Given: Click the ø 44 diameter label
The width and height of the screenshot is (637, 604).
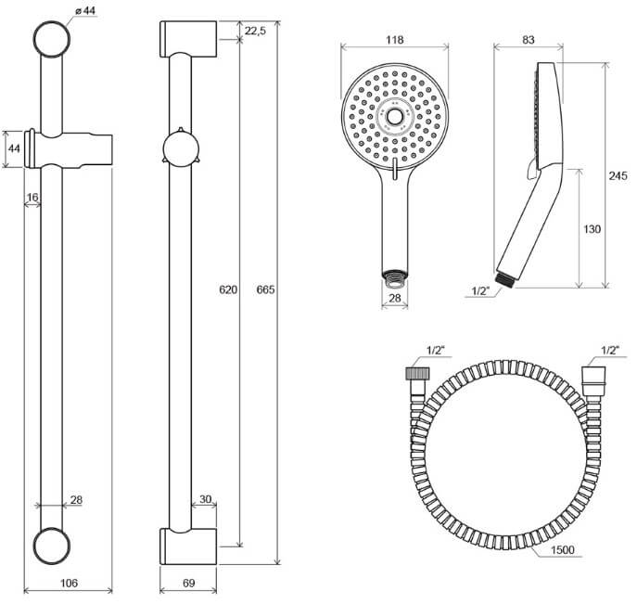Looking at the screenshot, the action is point(85,11).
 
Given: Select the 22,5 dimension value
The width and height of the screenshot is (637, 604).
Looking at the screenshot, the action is point(255,31).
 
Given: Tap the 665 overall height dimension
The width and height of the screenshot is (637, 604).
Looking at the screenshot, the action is point(265,289).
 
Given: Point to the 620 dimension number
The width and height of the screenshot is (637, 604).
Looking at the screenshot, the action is point(228,289).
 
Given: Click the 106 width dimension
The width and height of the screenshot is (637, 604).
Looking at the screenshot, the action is point(69,584).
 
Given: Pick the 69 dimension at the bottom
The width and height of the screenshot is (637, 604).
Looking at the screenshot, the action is point(189,584).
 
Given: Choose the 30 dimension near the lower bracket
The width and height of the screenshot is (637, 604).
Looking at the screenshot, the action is point(206,499).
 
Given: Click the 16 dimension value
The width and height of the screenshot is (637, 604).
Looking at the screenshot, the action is point(32,198).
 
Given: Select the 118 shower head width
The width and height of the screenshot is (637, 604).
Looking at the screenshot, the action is point(394,40).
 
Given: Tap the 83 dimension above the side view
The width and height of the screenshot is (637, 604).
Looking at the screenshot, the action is point(529,40).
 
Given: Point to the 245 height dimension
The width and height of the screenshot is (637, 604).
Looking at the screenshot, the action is point(618,176).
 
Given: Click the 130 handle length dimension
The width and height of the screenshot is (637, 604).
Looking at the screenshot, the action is point(592,229).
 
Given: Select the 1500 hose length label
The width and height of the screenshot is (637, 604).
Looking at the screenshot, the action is point(563,550).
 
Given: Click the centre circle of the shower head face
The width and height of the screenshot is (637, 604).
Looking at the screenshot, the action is point(394,117).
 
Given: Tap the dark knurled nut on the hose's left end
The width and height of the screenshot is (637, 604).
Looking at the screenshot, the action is point(417,373).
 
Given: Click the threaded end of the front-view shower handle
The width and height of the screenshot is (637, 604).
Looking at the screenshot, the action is point(394,275).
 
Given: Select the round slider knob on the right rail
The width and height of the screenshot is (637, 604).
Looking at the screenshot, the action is point(180,148).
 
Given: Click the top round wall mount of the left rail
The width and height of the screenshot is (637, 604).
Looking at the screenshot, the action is point(52,39).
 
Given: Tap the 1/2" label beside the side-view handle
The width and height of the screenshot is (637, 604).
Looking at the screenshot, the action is point(480,290).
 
